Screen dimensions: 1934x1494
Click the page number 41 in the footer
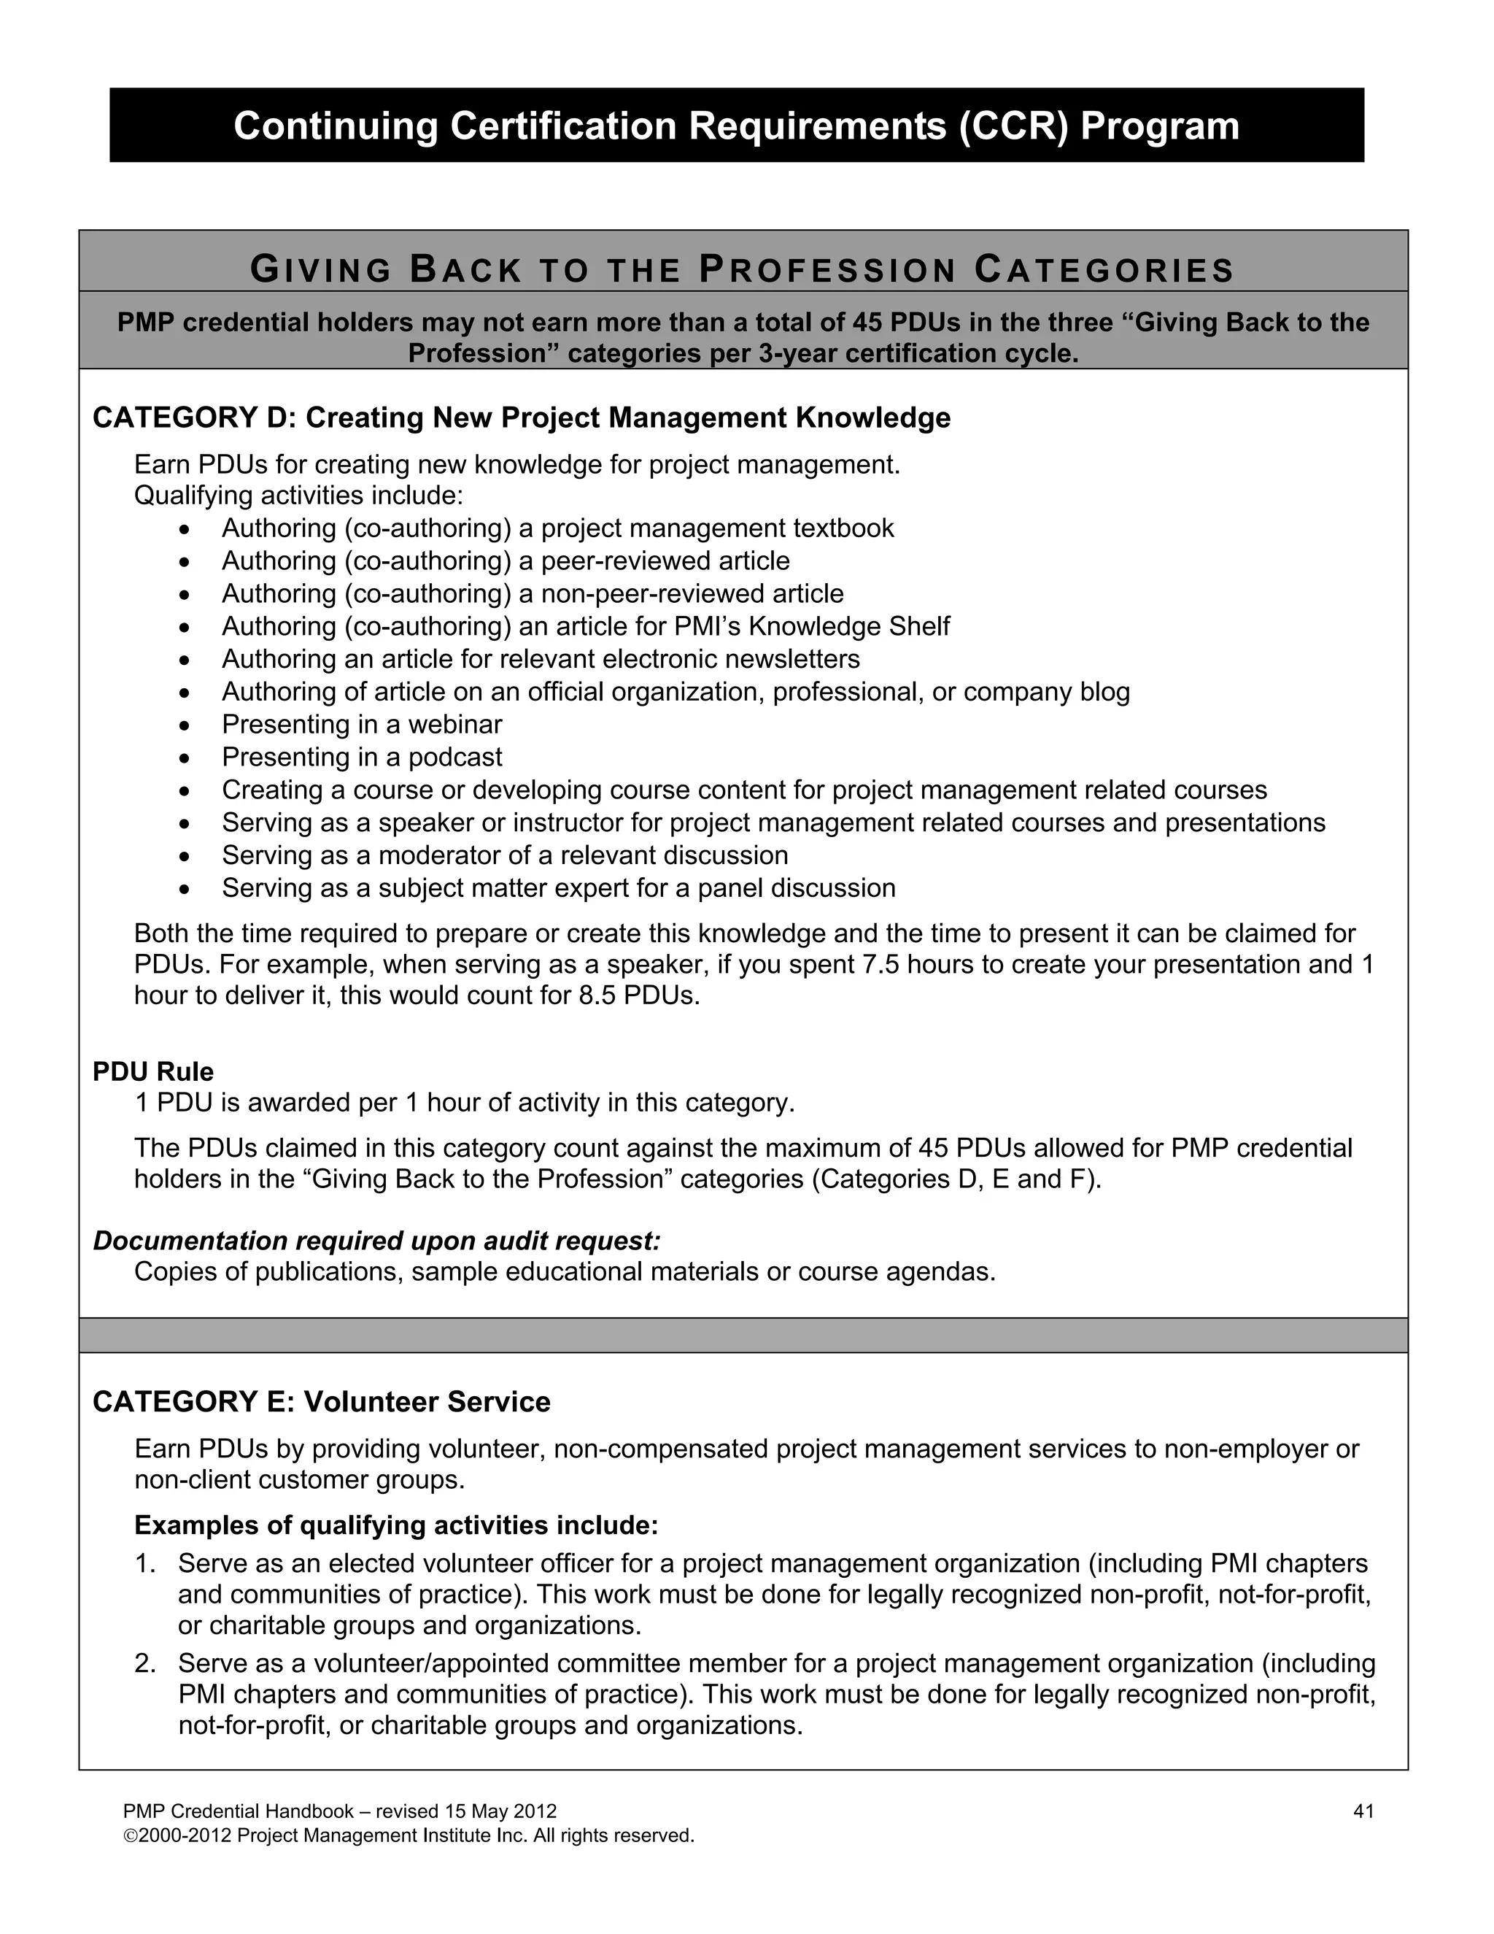pyautogui.click(x=1363, y=1811)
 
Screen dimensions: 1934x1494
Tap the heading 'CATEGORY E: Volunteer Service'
pyautogui.click(x=321, y=1402)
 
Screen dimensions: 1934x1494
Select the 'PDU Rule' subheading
pyautogui.click(x=153, y=1071)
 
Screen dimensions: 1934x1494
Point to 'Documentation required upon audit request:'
pyautogui.click(x=377, y=1241)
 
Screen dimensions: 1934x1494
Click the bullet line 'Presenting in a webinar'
pyautogui.click(x=361, y=725)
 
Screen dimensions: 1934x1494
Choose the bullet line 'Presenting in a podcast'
pyautogui.click(x=361, y=757)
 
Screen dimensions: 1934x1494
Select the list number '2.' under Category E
pyautogui.click(x=145, y=1663)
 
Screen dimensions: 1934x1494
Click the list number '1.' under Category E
pyautogui.click(x=145, y=1563)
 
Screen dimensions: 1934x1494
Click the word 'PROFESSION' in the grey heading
pyautogui.click(x=827, y=270)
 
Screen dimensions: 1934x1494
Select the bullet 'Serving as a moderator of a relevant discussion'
pyautogui.click(x=505, y=855)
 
